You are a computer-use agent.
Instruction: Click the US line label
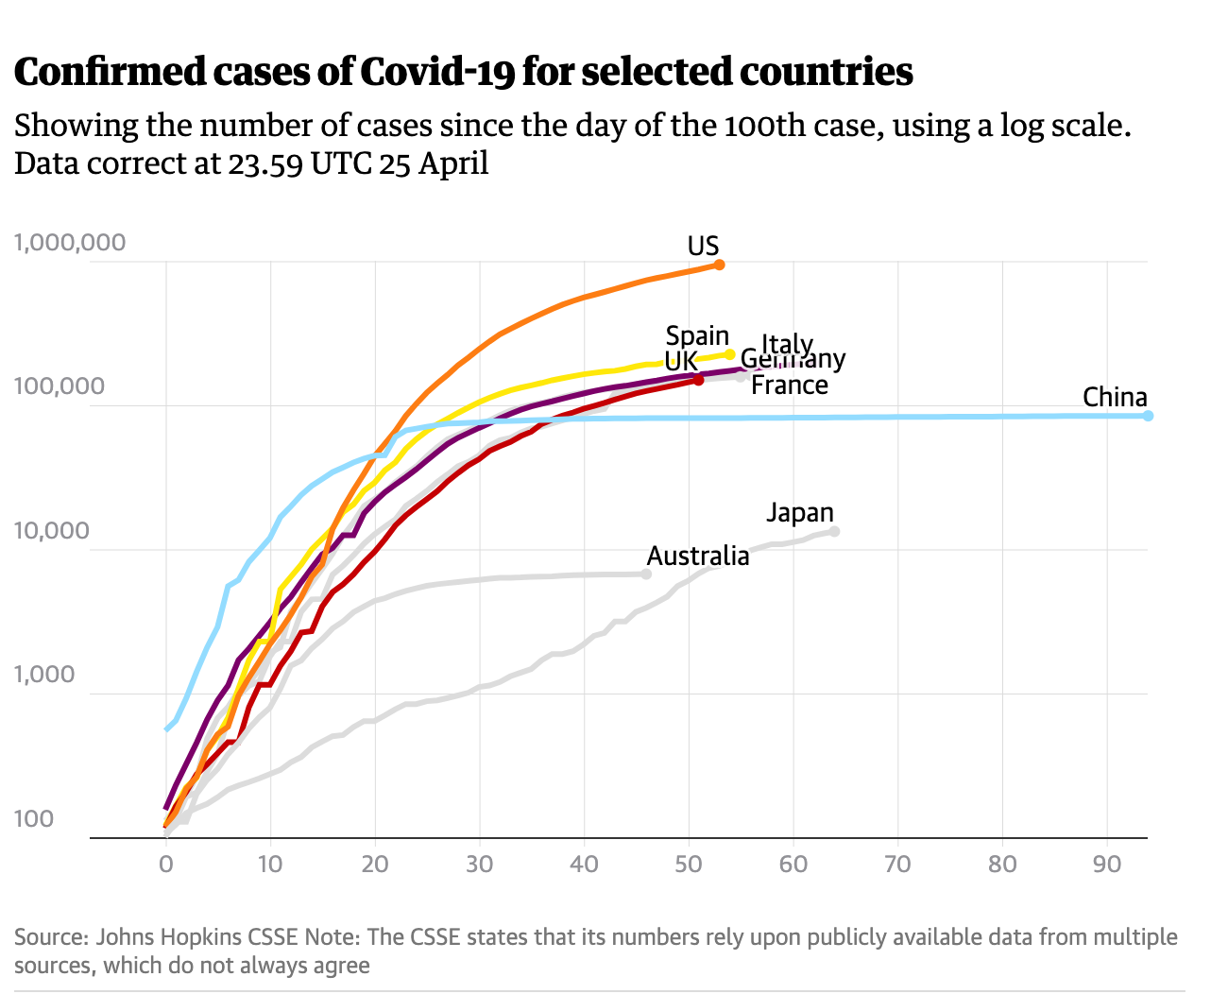point(703,247)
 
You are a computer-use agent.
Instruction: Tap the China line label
point(1115,397)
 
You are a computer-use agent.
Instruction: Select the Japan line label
point(799,512)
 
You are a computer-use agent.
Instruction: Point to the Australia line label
point(697,556)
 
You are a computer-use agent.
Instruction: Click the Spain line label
point(697,336)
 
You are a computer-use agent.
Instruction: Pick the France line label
point(789,386)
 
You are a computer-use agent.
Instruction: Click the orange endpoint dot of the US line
point(720,265)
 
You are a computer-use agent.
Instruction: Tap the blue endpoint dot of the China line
point(1148,416)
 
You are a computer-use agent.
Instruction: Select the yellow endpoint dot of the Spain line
point(730,354)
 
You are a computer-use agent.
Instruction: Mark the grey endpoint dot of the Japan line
point(834,531)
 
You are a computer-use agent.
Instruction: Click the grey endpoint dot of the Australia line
point(646,574)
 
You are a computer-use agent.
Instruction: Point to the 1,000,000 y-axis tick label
point(70,243)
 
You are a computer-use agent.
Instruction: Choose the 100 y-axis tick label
point(33,819)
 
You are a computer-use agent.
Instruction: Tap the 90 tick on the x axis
point(1107,864)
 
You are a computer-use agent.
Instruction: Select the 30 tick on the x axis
point(480,864)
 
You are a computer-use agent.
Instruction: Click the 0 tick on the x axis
point(166,864)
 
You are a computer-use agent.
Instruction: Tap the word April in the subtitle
point(453,163)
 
